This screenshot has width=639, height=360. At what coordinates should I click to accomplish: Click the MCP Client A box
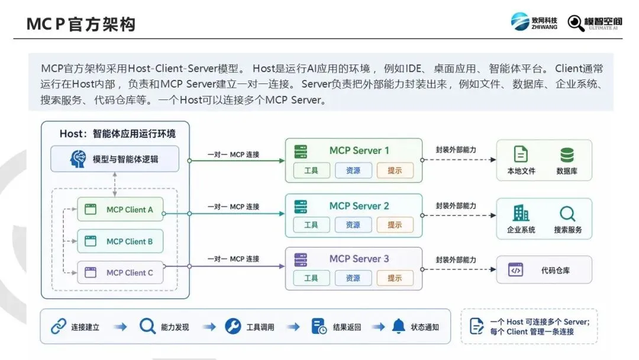120,210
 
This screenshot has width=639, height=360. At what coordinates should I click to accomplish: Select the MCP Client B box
120,242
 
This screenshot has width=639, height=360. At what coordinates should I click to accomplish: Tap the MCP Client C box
120,272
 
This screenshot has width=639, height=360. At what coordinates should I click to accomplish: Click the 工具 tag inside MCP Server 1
311,171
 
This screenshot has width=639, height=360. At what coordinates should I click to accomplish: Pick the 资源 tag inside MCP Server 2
353,224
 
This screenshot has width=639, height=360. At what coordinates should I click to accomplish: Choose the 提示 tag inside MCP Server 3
395,278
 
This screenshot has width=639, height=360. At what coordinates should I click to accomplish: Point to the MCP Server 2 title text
359,206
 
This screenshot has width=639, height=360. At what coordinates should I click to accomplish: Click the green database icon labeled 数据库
567,155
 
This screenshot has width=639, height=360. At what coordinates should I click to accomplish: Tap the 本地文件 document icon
521,155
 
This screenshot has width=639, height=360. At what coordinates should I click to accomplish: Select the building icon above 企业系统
521,213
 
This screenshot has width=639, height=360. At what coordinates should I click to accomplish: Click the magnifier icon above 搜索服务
567,214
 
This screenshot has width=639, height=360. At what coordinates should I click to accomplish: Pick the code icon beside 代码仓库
515,270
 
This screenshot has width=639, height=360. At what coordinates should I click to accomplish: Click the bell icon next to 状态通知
399,326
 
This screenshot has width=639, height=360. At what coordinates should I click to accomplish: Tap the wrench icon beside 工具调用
233,326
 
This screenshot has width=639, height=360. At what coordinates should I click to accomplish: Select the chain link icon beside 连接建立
59,327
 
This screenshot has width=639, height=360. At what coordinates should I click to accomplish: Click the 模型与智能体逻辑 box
115,159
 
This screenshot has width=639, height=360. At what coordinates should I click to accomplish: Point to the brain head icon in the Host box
78,159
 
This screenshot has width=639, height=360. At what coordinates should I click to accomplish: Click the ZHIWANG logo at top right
534,21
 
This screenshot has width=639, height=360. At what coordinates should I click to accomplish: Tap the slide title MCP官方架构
80,24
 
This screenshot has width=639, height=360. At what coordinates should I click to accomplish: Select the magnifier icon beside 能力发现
147,326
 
